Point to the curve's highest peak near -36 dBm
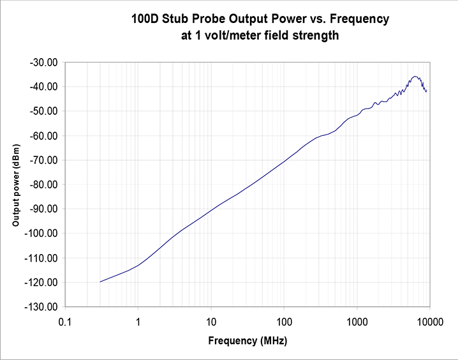[415, 76]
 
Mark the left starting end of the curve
[100, 281]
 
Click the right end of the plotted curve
[426, 91]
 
